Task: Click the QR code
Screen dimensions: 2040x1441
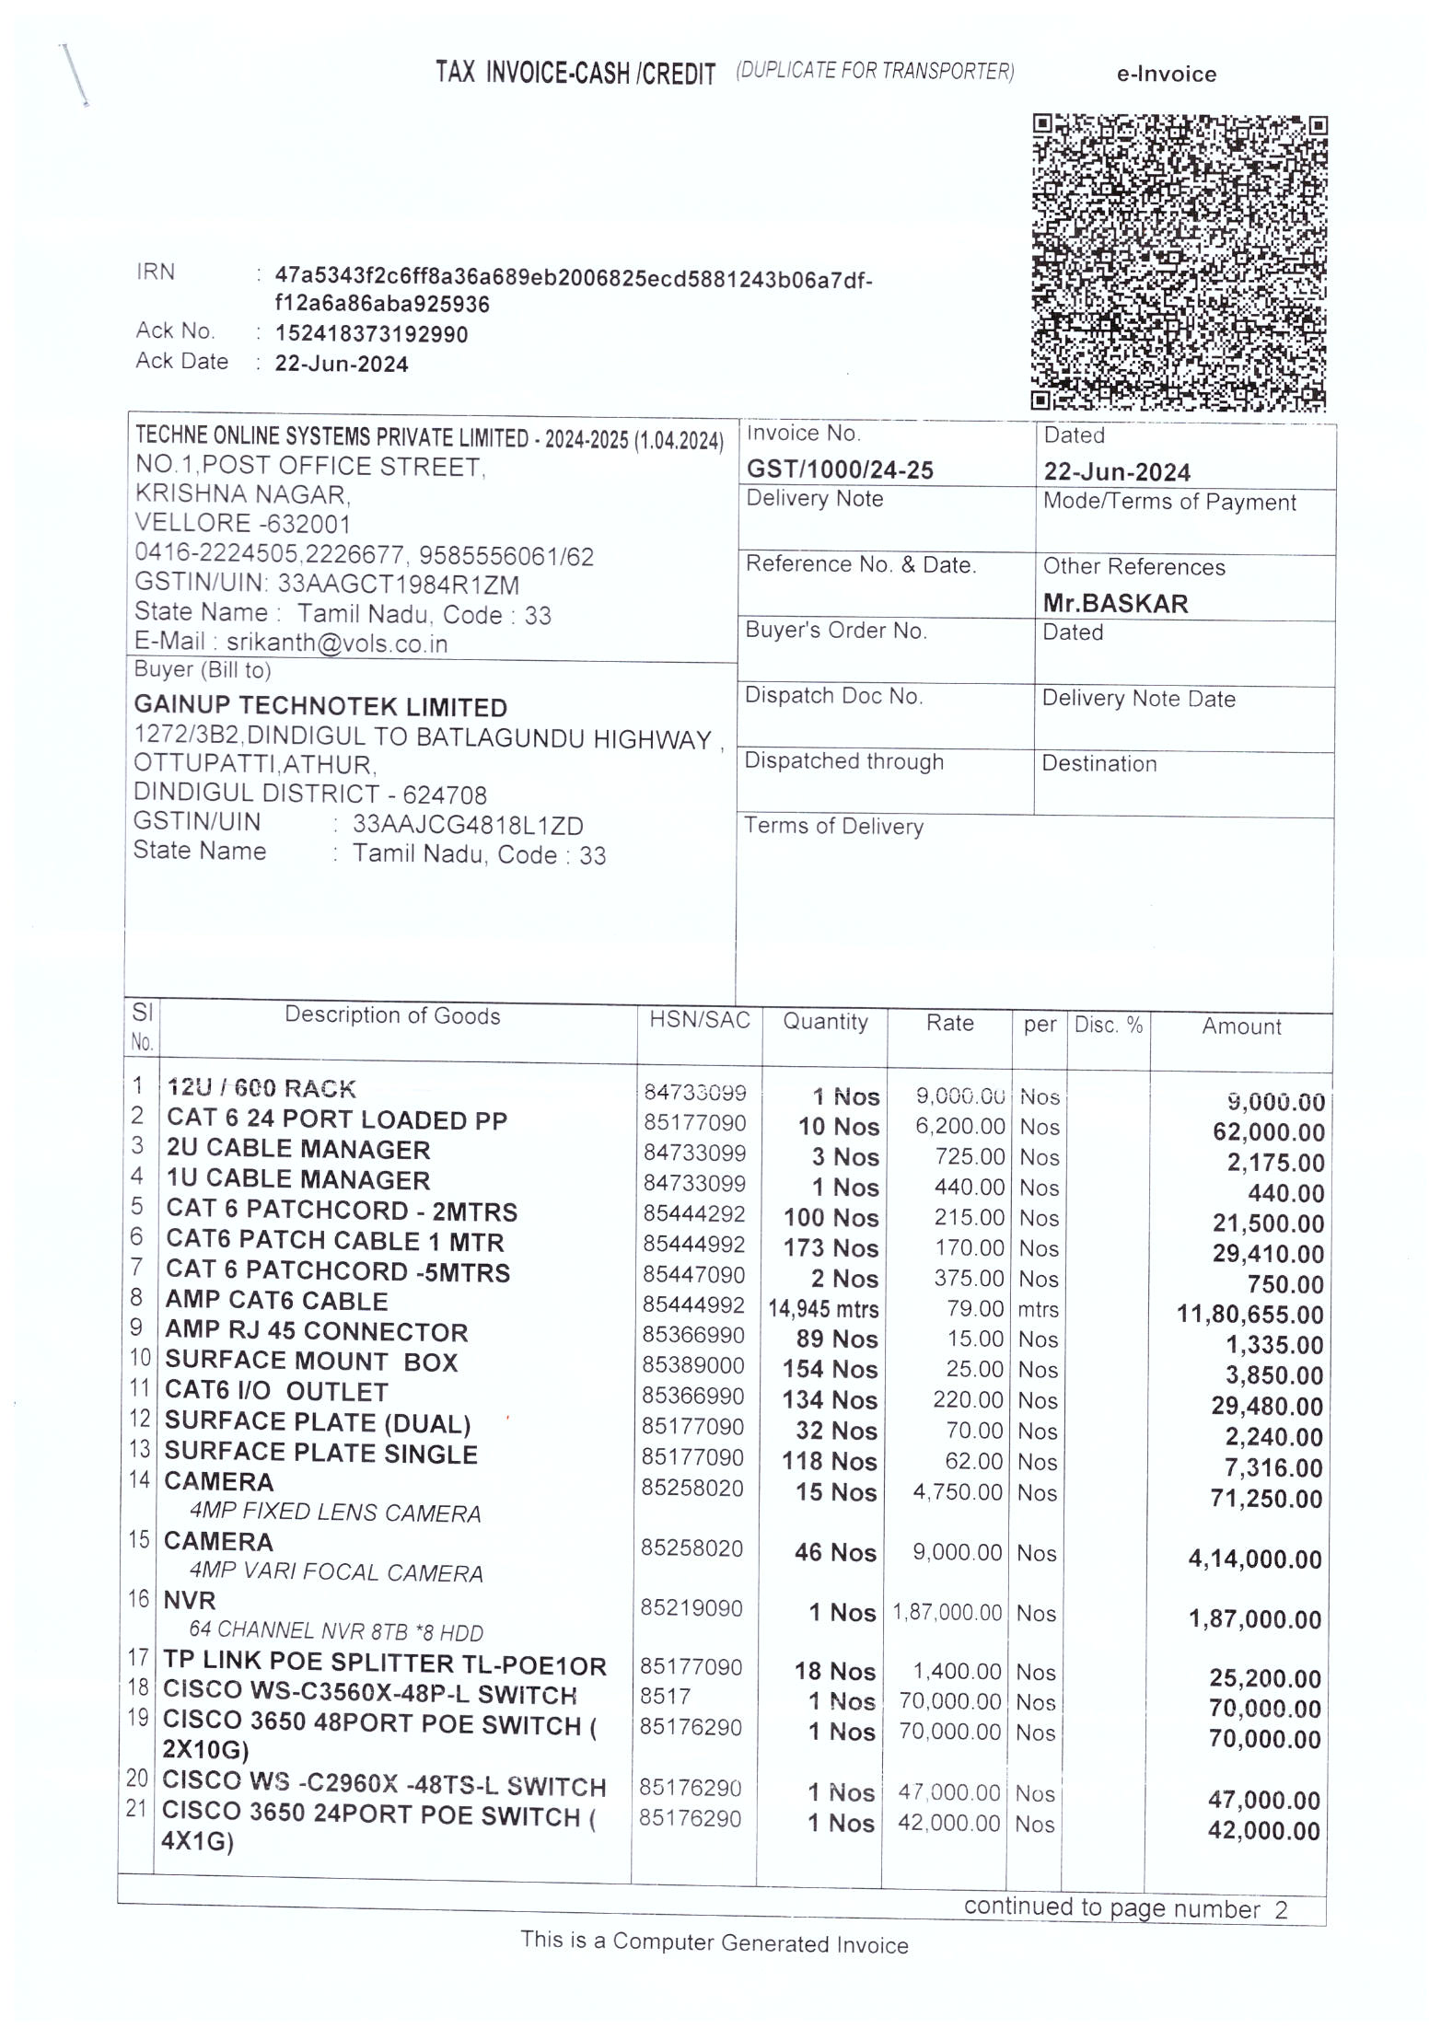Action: (x=1179, y=261)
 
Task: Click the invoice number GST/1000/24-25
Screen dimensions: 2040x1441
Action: (x=840, y=470)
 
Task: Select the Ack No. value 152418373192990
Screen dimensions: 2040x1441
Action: (x=371, y=334)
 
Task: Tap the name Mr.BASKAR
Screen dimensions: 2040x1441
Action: (x=1115, y=604)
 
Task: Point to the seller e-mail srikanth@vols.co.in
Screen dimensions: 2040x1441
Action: (x=337, y=643)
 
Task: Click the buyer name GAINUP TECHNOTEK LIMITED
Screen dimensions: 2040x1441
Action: (x=320, y=707)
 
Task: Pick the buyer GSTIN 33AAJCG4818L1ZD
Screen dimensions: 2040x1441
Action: (x=468, y=826)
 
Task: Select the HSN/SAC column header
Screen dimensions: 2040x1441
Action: (x=699, y=1020)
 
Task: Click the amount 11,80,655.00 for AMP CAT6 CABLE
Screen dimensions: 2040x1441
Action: (x=1249, y=1314)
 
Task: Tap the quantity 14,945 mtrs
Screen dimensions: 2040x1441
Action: (x=823, y=1309)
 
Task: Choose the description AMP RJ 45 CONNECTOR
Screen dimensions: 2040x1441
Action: (x=316, y=1331)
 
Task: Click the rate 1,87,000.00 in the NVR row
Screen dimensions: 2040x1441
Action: (x=947, y=1612)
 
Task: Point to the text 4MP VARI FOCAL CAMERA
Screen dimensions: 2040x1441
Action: (x=336, y=1572)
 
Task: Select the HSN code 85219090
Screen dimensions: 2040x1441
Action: (x=691, y=1607)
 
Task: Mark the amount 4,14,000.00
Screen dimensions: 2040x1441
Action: (x=1254, y=1559)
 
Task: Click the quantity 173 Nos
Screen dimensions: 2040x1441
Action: (x=831, y=1248)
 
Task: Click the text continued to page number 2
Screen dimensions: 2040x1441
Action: (x=1125, y=1908)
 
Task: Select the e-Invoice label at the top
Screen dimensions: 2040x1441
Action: (x=1166, y=75)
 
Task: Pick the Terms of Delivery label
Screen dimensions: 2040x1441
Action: (x=833, y=826)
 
